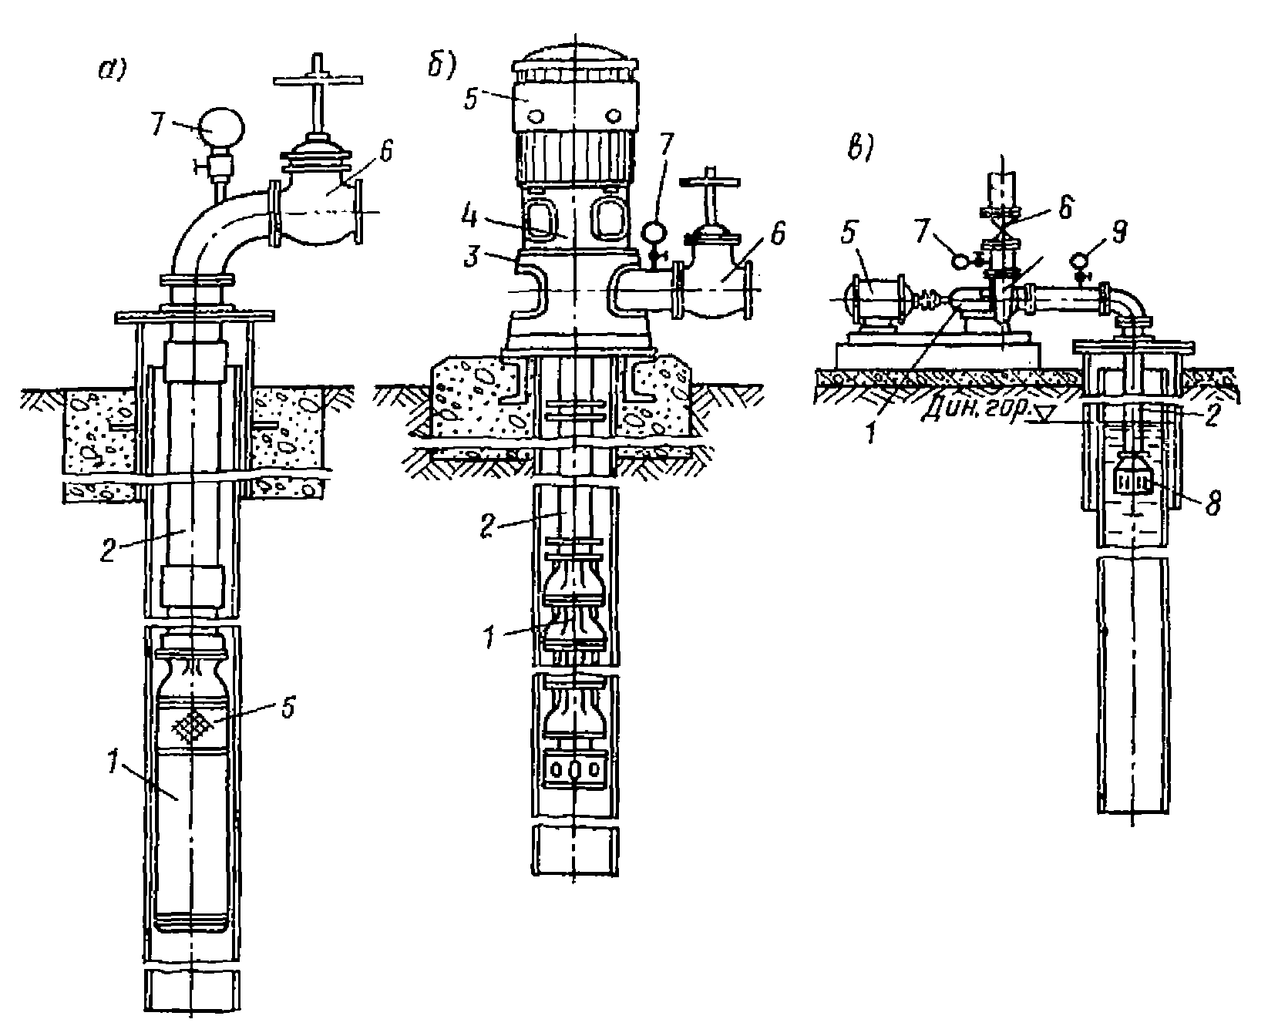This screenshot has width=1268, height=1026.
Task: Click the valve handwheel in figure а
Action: click(317, 79)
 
